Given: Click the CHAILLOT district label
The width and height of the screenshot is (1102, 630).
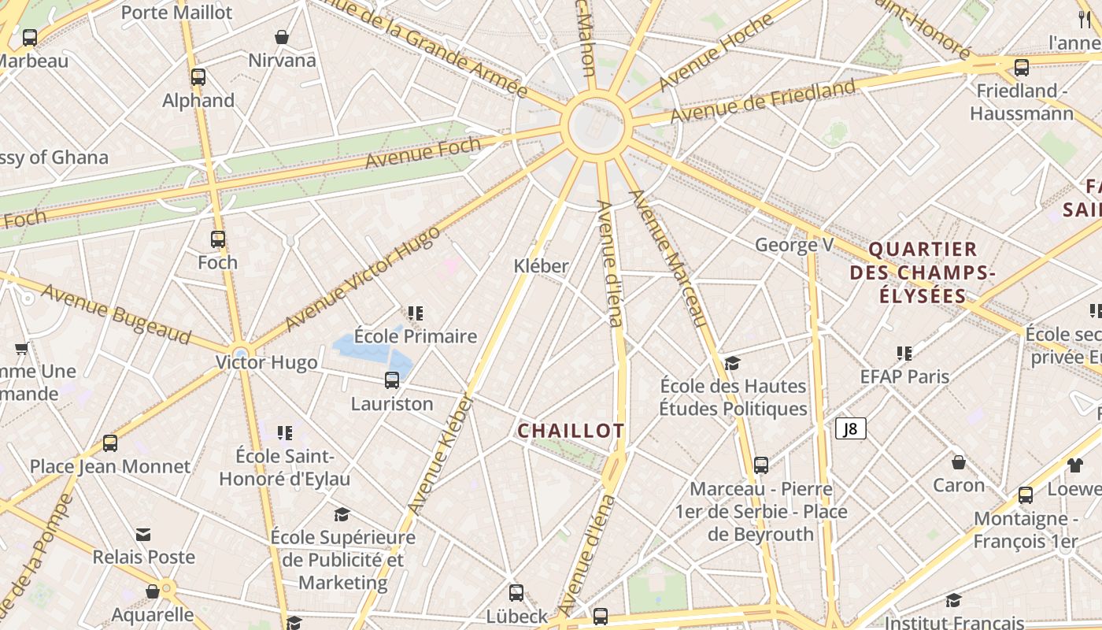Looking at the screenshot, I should [571, 431].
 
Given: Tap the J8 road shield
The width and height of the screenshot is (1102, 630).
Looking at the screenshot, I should [851, 428].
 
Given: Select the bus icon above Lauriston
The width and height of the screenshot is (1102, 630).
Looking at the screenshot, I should [392, 380].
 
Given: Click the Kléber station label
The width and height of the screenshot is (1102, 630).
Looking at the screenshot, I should [541, 265].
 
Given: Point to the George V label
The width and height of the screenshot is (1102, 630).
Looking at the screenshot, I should [793, 245].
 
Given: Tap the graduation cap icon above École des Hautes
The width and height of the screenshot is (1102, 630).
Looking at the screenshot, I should [733, 363].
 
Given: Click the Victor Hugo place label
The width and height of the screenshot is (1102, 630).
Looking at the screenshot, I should [268, 362].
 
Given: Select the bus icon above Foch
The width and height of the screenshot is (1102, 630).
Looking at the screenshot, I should [218, 239].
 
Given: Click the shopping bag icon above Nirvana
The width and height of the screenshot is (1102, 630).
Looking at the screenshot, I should [282, 37].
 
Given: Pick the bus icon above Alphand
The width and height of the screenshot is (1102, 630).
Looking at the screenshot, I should [198, 77].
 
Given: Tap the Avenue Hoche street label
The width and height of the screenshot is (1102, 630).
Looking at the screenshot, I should [711, 53].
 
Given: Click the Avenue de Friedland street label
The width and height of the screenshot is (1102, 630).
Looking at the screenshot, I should [762, 102].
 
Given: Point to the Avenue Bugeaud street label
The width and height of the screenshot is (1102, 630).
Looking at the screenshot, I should [116, 313].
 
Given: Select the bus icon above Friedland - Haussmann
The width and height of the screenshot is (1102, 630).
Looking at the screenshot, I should [1022, 68].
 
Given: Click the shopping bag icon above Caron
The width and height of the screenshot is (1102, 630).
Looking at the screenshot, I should [959, 462].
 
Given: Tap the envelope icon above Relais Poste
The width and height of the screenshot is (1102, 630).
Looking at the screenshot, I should [143, 535].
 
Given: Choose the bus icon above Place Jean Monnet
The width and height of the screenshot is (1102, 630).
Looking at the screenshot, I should [110, 443].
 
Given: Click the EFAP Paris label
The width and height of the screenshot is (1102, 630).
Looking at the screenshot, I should [904, 376].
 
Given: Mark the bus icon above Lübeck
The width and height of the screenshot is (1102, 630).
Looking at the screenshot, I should [516, 593].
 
